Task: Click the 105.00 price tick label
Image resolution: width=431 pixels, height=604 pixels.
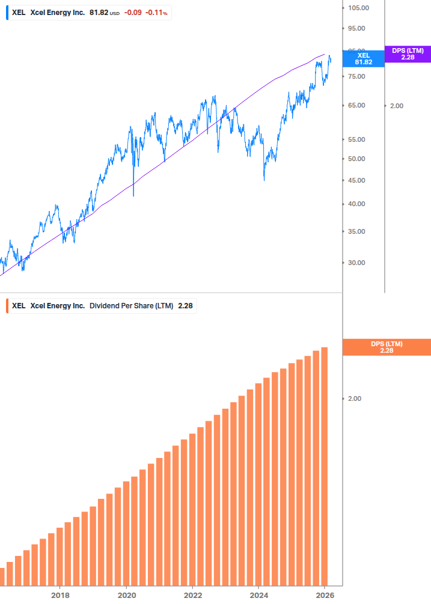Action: [x=358, y=8]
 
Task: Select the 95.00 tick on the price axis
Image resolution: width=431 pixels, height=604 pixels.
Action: [x=358, y=28]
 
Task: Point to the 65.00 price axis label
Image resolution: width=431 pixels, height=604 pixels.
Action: [x=358, y=105]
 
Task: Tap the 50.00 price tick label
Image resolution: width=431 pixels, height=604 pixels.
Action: [x=358, y=159]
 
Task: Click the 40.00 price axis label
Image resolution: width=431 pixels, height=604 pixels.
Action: [x=358, y=204]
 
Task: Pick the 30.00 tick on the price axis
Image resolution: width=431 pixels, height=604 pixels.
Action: [x=358, y=263]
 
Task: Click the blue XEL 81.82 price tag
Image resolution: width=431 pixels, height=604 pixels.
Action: [x=363, y=58]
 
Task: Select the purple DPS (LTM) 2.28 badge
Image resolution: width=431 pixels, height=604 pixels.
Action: [x=408, y=54]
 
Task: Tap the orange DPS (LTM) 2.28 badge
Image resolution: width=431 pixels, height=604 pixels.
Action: [x=386, y=347]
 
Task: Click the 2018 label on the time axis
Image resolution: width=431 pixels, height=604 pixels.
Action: [x=60, y=595]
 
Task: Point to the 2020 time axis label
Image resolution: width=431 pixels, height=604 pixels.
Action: [x=126, y=595]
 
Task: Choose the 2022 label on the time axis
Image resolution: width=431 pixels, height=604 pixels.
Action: [x=192, y=595]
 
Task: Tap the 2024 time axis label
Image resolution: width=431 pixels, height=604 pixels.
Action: [x=258, y=595]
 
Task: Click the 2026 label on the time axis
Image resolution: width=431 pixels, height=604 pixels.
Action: [x=325, y=595]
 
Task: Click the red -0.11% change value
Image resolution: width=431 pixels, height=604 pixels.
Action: [x=158, y=12]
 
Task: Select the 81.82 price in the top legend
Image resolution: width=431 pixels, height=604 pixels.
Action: [x=99, y=12]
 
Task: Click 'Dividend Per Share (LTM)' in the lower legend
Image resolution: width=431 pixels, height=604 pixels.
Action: [x=131, y=306]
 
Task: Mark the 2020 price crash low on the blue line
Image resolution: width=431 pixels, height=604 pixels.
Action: [x=133, y=195]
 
